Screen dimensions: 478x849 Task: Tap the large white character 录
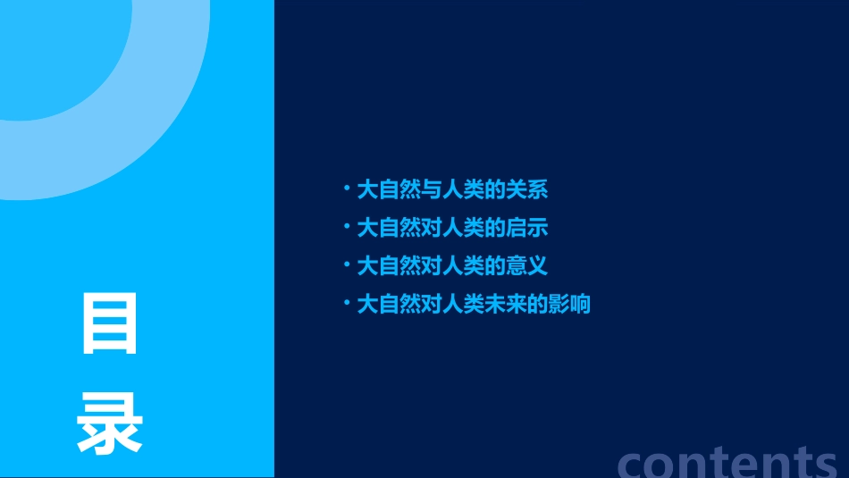pyautogui.click(x=110, y=425)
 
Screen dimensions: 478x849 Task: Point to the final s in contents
pyautogui.click(x=823, y=465)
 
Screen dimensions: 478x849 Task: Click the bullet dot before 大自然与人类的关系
pyautogui.click(x=347, y=188)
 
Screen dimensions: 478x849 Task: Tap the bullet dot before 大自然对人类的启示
pyautogui.click(x=347, y=226)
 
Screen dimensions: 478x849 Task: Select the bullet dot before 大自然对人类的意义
pyautogui.click(x=347, y=264)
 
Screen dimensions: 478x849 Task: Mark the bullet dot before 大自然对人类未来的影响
pyautogui.click(x=347, y=303)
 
